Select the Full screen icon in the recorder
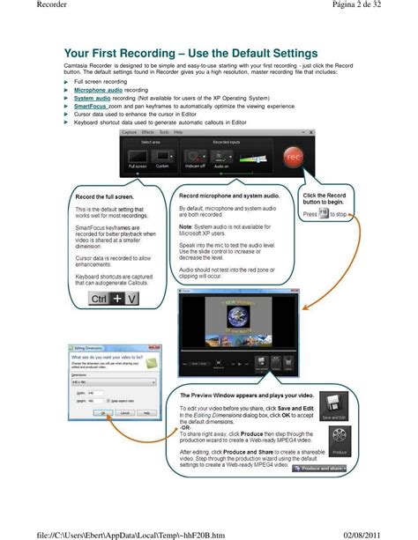pyautogui.click(x=138, y=159)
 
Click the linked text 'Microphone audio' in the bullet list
pyautogui.click(x=98, y=90)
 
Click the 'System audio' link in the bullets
pyautogui.click(x=92, y=98)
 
